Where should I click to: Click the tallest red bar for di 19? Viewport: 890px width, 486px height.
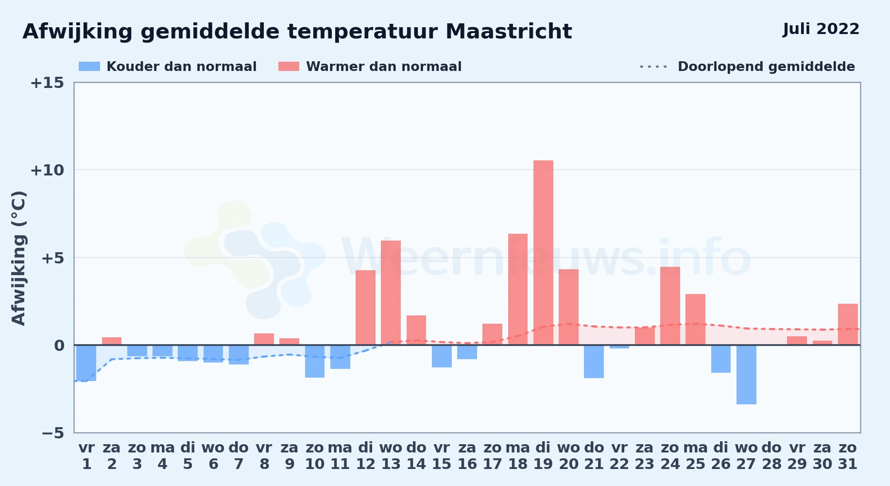point(543,253)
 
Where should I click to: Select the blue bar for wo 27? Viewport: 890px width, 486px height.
point(746,375)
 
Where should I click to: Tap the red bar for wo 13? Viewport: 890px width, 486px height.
point(391,293)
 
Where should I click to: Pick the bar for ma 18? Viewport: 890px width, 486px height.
point(518,289)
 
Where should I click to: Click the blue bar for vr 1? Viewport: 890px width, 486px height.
point(86,363)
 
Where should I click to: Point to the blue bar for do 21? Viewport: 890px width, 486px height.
point(594,362)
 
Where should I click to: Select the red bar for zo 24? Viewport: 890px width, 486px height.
point(670,306)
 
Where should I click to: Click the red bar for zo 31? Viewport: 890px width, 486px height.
point(848,324)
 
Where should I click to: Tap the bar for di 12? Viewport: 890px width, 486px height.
point(365,308)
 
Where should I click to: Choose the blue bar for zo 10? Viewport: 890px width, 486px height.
point(315,361)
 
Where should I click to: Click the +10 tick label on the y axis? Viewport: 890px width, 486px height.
point(47,170)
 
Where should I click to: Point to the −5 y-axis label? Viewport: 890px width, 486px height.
point(52,433)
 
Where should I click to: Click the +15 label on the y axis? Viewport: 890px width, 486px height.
point(47,83)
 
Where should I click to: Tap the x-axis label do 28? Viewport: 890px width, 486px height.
point(771,456)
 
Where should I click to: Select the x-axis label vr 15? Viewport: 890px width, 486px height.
point(442,456)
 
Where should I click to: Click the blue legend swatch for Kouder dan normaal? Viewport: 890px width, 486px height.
point(89,67)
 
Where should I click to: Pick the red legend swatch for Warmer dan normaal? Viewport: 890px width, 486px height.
point(289,67)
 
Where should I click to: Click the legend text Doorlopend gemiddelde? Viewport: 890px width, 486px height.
point(766,67)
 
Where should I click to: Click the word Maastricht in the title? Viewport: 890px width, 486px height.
point(509,32)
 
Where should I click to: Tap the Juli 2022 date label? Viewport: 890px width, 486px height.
point(821,29)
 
